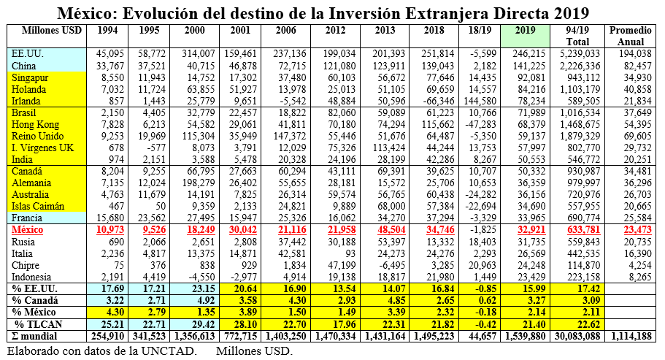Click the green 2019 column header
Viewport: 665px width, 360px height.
[526, 30]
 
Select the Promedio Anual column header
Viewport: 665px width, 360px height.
[630, 35]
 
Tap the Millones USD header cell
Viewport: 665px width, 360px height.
[47, 30]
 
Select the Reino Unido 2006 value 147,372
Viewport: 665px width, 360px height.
[288, 136]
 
